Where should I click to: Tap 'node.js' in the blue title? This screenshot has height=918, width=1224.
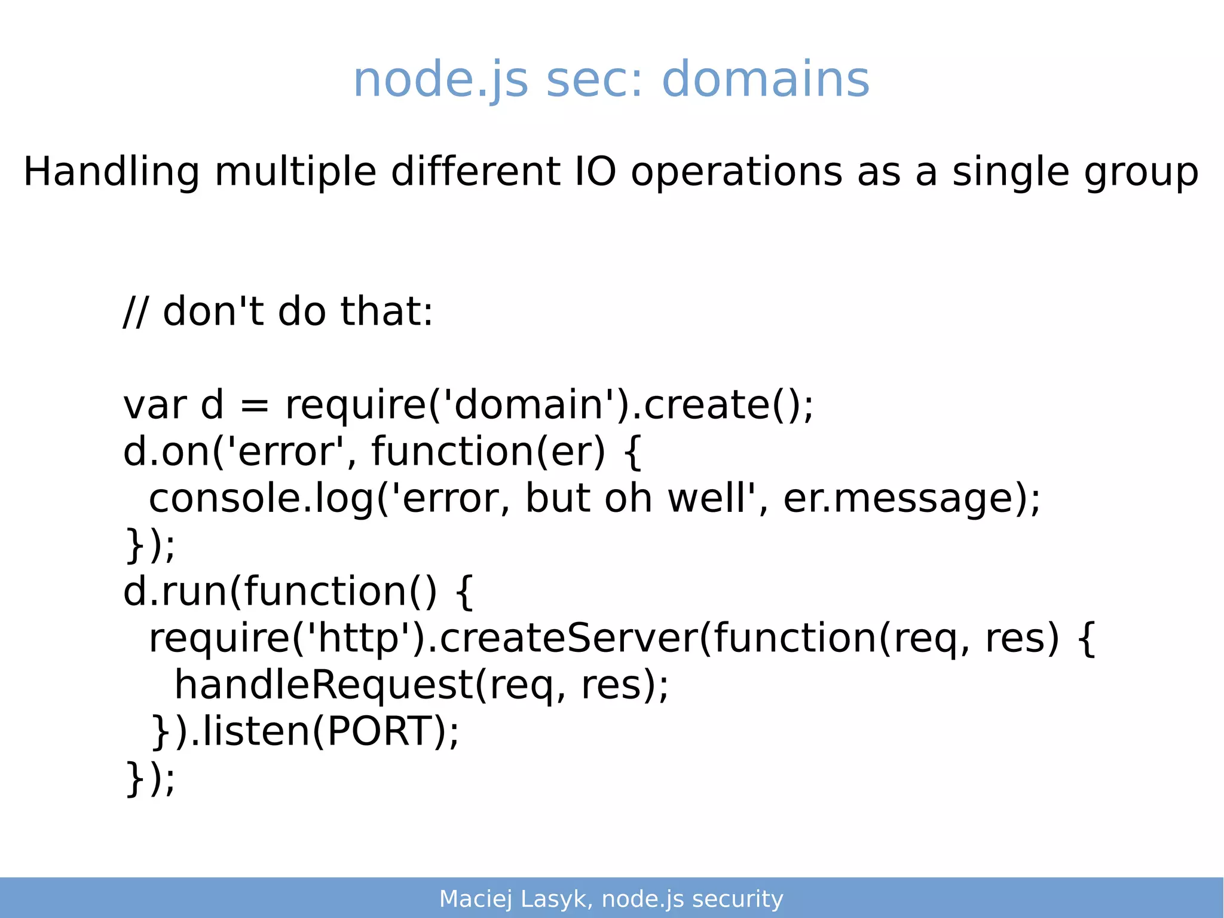(440, 81)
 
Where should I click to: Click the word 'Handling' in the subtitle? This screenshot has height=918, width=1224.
(111, 172)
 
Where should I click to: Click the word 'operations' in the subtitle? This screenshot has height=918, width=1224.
(736, 173)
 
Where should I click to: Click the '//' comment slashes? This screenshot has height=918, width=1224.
(134, 312)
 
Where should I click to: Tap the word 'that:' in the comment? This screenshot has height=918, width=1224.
(387, 312)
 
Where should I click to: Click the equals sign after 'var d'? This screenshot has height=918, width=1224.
(255, 405)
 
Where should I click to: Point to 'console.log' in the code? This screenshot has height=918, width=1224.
(261, 499)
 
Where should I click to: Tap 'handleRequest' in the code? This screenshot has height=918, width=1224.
(323, 685)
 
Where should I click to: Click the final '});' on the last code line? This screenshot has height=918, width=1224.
(150, 778)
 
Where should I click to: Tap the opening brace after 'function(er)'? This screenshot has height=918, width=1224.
(632, 452)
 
